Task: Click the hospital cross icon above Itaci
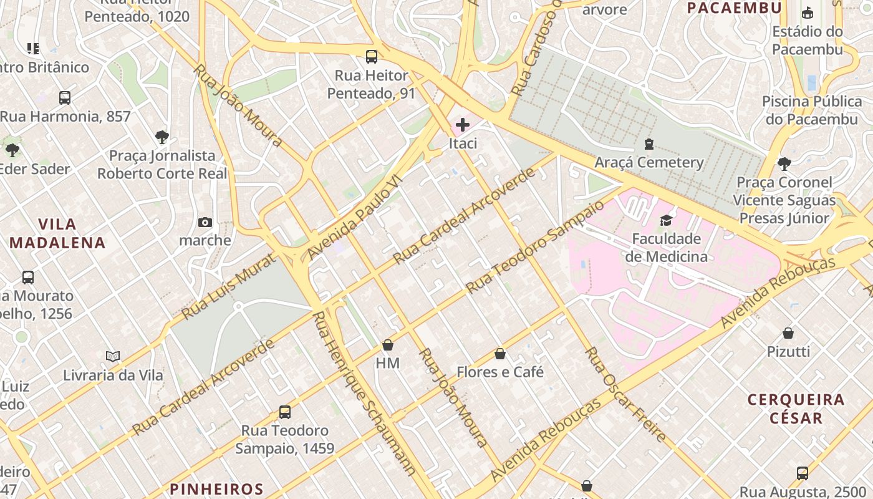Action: coord(463,125)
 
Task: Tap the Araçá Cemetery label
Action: coord(649,163)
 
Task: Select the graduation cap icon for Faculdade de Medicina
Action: coord(667,220)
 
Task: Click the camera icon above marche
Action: coord(205,222)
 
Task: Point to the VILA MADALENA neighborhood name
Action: coord(57,233)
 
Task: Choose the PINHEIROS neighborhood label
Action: coord(216,488)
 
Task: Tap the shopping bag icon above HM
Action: coord(388,345)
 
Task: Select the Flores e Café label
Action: coord(500,372)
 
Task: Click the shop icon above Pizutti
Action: coord(788,333)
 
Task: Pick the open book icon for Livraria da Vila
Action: coord(113,356)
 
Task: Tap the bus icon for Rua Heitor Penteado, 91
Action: coord(372,57)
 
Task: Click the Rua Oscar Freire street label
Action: coord(626,394)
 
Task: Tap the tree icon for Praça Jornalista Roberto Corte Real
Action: coord(162,137)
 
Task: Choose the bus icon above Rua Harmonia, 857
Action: coord(65,98)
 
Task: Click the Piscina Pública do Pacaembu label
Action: coord(812,110)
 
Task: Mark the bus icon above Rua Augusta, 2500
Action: coord(803,473)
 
